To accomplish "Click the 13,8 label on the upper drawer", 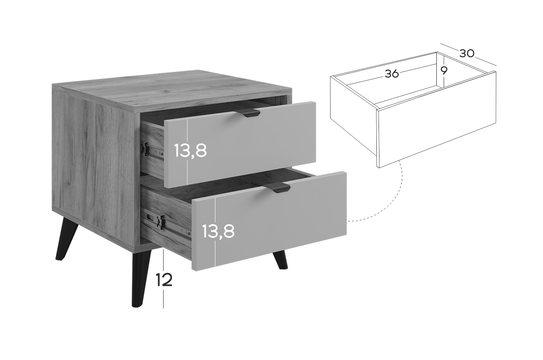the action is click(191, 151).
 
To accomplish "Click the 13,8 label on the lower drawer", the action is click(218, 231).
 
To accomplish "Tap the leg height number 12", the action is click(164, 280).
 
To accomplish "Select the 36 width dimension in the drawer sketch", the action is click(391, 74).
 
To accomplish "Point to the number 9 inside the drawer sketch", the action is click(444, 71).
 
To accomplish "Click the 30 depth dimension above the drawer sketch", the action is click(467, 54).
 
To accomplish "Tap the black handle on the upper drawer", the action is click(247, 113).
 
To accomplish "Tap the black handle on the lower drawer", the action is click(277, 188).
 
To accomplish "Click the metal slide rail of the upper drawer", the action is click(152, 150).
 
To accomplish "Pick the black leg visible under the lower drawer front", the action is click(280, 260).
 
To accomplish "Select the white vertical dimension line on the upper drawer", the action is click(188, 152).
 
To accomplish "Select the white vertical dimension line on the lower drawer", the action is click(215, 232).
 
